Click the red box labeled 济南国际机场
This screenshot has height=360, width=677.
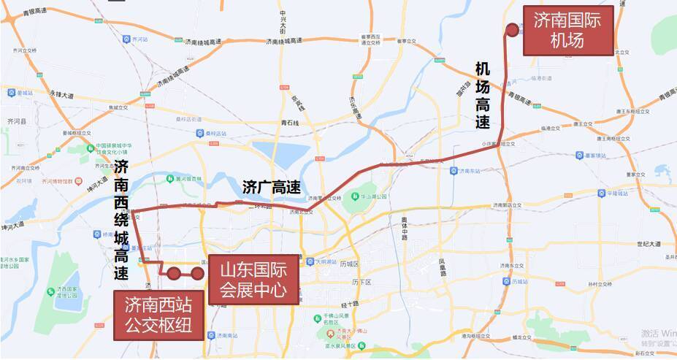(567, 31)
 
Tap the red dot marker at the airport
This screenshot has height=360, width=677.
(513, 29)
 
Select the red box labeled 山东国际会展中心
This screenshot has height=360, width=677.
(253, 280)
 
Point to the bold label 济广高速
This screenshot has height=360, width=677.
(271, 188)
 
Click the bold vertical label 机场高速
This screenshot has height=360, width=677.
(483, 96)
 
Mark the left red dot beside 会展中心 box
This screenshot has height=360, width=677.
(174, 273)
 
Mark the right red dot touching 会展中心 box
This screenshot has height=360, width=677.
(197, 273)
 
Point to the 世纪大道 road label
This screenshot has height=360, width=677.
(648, 244)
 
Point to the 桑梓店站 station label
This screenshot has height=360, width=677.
(218, 134)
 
